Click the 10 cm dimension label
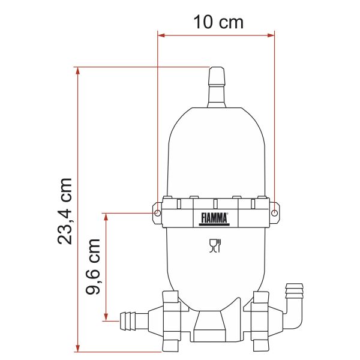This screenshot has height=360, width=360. click(x=218, y=22)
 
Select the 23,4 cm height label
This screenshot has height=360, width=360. click(x=65, y=211)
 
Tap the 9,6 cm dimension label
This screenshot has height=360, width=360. click(x=93, y=266)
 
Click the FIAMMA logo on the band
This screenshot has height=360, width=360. click(x=214, y=219)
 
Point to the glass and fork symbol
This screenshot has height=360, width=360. click(x=215, y=245)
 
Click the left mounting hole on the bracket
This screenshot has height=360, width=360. click(x=157, y=213)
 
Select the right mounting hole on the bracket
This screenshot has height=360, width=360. click(x=274, y=213)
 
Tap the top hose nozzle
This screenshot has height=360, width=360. click(x=217, y=87)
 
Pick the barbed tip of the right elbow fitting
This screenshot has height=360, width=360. click(x=295, y=291)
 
